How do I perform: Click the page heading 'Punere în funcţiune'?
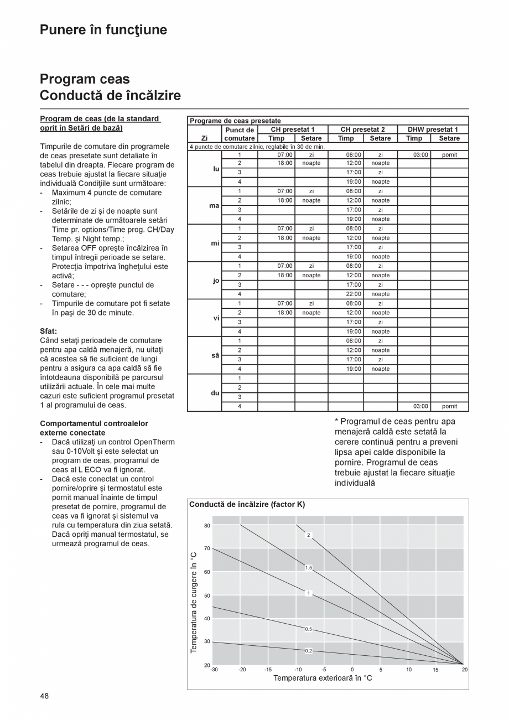(x=103, y=30)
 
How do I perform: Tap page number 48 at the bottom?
(x=44, y=696)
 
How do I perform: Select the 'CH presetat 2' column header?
(x=362, y=130)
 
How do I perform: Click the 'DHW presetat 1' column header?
(x=433, y=130)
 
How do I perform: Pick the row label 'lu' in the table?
(x=216, y=168)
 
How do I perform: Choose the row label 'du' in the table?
(x=215, y=392)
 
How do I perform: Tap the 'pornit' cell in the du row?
(x=449, y=406)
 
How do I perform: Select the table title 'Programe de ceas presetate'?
(x=235, y=121)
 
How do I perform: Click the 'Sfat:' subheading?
(x=49, y=331)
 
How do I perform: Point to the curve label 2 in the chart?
(x=308, y=535)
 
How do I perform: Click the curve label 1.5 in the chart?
(x=308, y=568)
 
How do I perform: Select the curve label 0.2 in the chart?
(x=308, y=651)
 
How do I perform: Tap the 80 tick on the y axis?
(x=207, y=525)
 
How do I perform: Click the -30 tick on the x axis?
(x=214, y=670)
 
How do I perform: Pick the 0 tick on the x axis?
(x=352, y=670)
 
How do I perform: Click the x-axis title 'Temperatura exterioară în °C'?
(x=323, y=678)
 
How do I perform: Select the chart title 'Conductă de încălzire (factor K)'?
(x=247, y=504)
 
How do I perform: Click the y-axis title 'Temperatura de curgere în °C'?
(x=194, y=602)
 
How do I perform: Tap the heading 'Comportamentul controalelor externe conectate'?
(x=94, y=428)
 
